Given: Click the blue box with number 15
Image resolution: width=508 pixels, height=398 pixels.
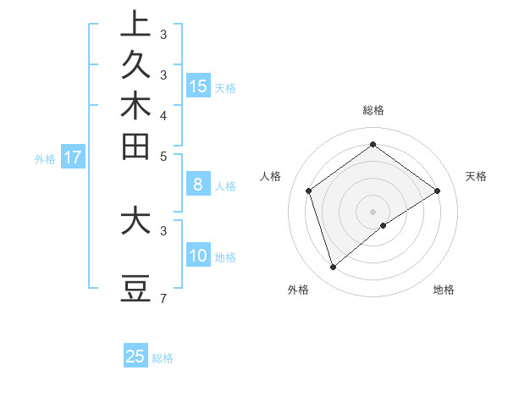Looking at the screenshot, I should (198, 86).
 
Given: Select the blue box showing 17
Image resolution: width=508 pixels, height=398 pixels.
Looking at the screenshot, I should (73, 157).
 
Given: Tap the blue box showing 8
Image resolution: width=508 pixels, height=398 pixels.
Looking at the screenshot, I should (198, 184).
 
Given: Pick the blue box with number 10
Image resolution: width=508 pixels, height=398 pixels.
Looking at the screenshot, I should (198, 256).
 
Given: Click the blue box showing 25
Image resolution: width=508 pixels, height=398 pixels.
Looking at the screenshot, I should (135, 357).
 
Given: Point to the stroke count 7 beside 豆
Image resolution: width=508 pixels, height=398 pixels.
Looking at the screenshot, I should (163, 298).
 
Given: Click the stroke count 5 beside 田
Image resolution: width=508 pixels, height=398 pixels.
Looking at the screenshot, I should (163, 156).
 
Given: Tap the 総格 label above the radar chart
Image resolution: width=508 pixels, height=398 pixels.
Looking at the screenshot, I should (373, 110).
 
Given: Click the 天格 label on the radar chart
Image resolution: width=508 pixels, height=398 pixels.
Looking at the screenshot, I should (476, 176).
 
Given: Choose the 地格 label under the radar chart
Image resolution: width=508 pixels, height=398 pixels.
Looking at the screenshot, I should (444, 290).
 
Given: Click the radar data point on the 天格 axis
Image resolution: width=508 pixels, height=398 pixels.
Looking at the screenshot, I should (438, 191).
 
